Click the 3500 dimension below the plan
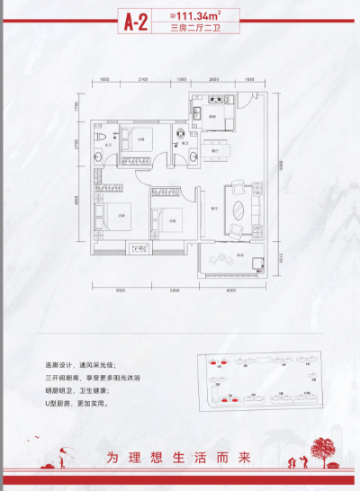point(121,290)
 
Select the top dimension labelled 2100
point(144,80)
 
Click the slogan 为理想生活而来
point(179,455)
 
